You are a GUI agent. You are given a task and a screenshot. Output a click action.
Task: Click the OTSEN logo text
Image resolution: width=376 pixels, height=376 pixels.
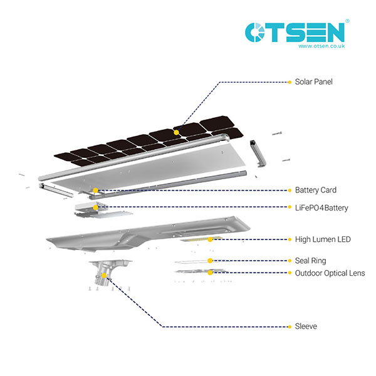295,32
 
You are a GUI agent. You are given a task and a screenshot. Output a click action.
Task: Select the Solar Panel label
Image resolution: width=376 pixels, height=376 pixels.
313,82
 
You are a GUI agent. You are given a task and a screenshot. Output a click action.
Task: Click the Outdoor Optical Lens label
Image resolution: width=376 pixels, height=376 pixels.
330,273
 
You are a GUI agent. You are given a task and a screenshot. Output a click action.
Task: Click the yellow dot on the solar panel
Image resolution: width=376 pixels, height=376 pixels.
177,132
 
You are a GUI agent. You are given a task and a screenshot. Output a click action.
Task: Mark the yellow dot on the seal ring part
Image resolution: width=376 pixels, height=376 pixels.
210,261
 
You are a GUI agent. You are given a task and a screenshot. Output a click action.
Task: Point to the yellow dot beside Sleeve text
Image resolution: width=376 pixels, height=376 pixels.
289,326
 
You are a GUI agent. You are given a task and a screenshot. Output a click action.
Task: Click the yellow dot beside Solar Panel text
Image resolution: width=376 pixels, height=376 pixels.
289,82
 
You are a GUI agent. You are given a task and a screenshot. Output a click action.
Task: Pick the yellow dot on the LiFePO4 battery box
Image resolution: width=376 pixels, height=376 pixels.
95,207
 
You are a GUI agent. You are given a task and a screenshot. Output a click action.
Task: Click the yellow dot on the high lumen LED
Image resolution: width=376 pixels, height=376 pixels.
210,239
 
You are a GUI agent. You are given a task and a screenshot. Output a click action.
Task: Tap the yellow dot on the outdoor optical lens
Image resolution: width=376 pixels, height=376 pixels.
210,273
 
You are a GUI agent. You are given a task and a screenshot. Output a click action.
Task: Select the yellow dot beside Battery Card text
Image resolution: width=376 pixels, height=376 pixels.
289,190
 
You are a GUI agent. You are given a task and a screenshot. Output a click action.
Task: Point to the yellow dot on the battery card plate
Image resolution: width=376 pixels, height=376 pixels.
95,190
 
